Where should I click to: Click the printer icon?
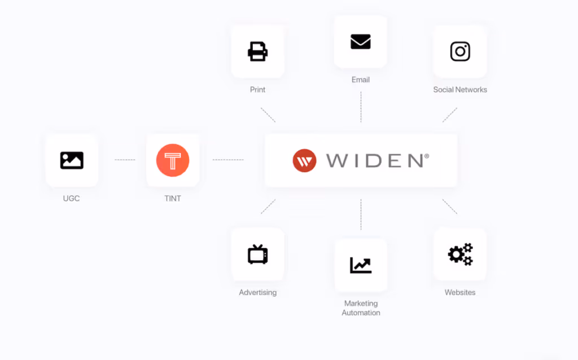(x=257, y=52)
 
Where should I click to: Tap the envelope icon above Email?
(x=361, y=42)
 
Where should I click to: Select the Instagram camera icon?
(x=460, y=51)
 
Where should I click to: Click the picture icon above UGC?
(x=72, y=161)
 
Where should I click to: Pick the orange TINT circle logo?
(x=173, y=160)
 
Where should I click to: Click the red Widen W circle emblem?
(x=304, y=161)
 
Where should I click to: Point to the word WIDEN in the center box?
(x=374, y=161)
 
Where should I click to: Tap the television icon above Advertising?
(x=257, y=254)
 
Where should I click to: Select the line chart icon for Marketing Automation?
(x=361, y=265)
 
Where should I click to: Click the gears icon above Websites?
(x=460, y=254)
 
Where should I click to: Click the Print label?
(x=257, y=90)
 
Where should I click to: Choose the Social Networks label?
(x=460, y=90)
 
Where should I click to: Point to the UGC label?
(x=72, y=199)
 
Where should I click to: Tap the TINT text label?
(x=173, y=199)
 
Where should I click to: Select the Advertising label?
(x=257, y=293)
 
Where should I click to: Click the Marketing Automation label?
(x=361, y=308)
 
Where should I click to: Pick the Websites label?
(x=460, y=292)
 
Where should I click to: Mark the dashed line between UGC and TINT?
(x=125, y=160)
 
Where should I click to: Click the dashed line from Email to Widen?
(x=361, y=107)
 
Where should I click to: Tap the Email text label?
(x=361, y=80)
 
